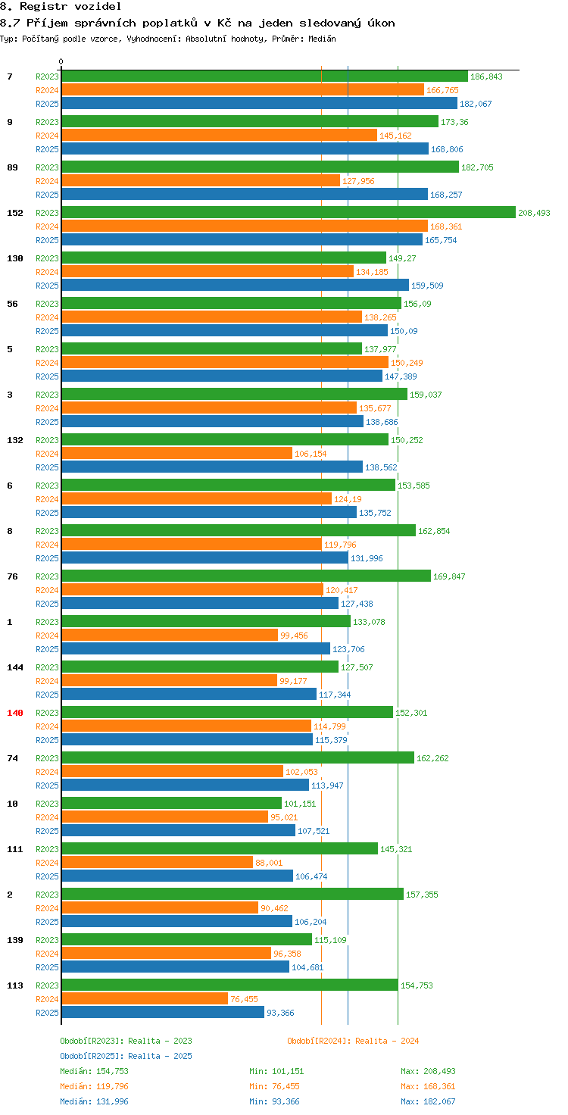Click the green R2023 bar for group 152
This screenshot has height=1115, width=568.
[288, 213]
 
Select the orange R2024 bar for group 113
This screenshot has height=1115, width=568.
[145, 999]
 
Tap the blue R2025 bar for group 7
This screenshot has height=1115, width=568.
[259, 104]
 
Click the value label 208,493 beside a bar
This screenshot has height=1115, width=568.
[534, 213]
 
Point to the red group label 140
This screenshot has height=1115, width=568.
[15, 713]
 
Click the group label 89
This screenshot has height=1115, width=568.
[13, 167]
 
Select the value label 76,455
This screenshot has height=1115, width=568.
[244, 999]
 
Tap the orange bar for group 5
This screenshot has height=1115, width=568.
[225, 363]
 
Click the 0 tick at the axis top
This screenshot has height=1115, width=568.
[61, 62]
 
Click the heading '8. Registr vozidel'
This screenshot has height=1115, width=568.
[61, 7]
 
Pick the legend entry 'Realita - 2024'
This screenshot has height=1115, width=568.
[353, 1041]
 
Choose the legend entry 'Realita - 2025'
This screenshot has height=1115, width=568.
[126, 1056]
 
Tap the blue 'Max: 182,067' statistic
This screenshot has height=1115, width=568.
[428, 1101]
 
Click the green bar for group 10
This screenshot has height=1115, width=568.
[171, 804]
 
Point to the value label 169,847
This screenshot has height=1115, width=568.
[449, 576]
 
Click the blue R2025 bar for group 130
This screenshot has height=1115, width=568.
[235, 286]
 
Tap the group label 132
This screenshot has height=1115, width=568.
[15, 440]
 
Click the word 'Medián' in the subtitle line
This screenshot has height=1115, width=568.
[323, 39]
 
